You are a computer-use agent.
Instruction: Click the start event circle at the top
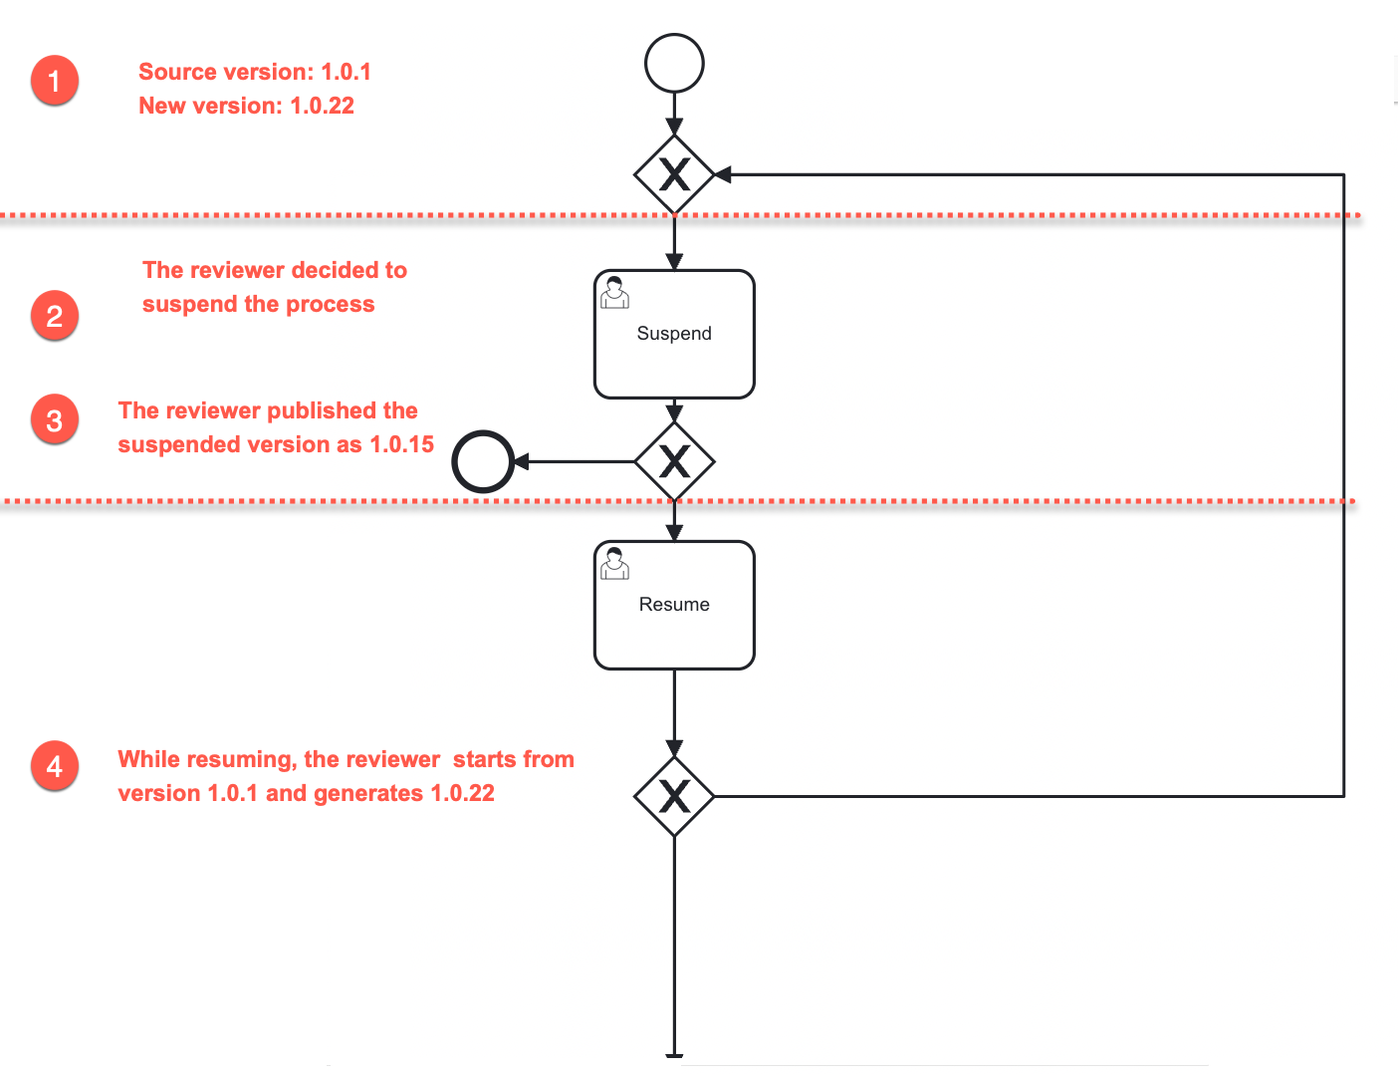674,64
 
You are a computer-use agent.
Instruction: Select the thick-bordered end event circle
483,461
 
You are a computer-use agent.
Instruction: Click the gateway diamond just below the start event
674,175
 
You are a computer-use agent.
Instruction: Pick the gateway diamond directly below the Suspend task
674,461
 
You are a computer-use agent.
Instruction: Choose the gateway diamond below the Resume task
674,796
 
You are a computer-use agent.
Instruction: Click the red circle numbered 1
55,81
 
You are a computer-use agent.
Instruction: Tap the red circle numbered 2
55,316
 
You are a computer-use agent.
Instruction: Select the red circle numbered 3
55,420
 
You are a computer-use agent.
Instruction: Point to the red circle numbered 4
55,766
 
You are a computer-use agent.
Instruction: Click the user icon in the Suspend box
615,293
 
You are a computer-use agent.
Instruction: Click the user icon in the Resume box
615,564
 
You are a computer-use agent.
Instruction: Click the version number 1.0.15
402,444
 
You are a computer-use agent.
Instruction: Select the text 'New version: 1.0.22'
246,106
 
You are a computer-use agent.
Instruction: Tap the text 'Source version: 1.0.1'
254,72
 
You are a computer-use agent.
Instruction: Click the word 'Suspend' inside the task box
674,334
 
